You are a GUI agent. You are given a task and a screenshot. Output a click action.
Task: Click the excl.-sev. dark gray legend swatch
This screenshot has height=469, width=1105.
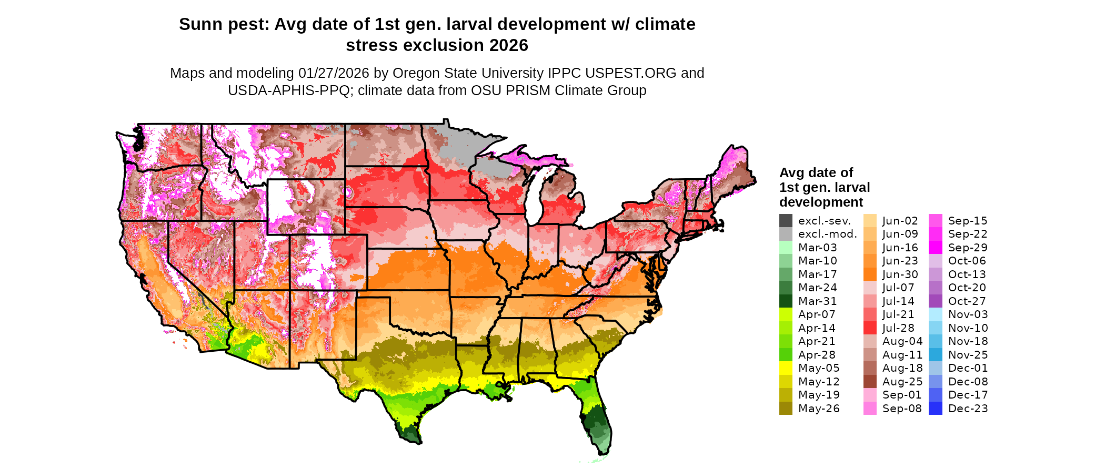pyautogui.click(x=786, y=221)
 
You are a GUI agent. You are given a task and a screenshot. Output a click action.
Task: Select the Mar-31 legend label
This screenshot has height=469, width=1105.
pyautogui.click(x=817, y=301)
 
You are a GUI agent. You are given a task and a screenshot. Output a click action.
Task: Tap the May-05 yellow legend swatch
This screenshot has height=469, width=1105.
pyautogui.click(x=786, y=368)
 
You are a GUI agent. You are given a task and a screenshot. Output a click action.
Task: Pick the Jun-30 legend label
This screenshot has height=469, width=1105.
pyautogui.click(x=900, y=274)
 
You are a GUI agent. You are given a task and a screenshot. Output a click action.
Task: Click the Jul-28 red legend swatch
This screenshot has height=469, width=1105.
pyautogui.click(x=870, y=328)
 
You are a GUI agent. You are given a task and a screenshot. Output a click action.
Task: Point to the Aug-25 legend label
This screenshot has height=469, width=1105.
pyautogui.click(x=902, y=382)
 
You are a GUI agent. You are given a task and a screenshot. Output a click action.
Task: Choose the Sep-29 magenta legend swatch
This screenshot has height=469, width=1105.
pyautogui.click(x=936, y=248)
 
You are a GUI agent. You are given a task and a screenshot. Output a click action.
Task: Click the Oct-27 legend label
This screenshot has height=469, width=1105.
pyautogui.click(x=967, y=301)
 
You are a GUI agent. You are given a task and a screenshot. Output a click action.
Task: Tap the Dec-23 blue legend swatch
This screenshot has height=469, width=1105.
pyautogui.click(x=936, y=409)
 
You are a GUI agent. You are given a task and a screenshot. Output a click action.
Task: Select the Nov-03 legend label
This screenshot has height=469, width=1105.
pyautogui.click(x=968, y=314)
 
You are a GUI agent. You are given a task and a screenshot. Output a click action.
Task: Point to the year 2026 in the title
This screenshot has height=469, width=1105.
pyautogui.click(x=508, y=46)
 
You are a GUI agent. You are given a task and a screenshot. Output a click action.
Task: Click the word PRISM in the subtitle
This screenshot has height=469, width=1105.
pyautogui.click(x=529, y=91)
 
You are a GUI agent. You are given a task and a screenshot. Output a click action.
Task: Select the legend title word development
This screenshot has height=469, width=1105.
pyautogui.click(x=821, y=202)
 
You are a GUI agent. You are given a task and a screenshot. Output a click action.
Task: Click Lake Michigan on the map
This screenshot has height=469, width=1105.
pyautogui.click(x=534, y=200)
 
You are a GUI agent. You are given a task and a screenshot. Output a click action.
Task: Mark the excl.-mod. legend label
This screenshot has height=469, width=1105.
pyautogui.click(x=827, y=234)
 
